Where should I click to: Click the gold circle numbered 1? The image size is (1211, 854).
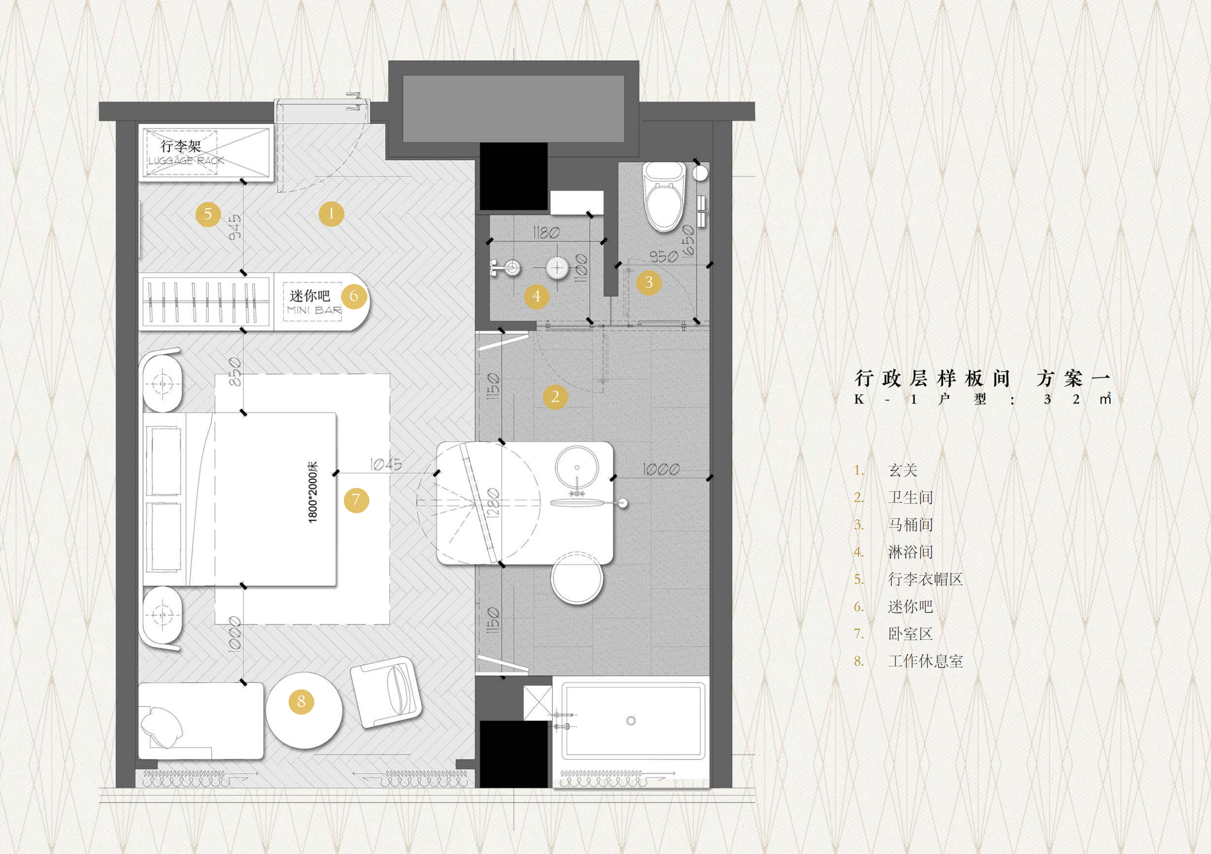tap(331, 214)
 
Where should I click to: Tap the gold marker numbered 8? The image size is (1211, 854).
tap(301, 701)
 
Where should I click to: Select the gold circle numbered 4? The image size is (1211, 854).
tap(537, 296)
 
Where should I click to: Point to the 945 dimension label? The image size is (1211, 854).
tap(235, 227)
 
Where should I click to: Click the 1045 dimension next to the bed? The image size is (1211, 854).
tap(386, 464)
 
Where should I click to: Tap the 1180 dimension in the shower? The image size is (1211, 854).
tap(546, 233)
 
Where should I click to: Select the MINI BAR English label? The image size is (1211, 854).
tap(314, 310)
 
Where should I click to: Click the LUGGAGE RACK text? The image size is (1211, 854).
tap(186, 160)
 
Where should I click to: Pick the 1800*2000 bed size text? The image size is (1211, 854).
tap(313, 492)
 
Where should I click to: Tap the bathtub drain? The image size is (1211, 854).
tap(631, 721)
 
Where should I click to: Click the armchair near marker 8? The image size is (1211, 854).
tap(386, 691)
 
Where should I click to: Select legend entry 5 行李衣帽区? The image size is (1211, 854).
tap(925, 579)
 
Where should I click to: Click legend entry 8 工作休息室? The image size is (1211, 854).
tap(925, 661)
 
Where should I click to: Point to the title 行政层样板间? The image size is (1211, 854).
tap(933, 378)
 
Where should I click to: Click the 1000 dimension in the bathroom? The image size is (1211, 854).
tap(661, 469)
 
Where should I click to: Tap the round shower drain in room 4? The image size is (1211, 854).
tap(556, 267)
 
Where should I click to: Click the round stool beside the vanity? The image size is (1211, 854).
tap(577, 577)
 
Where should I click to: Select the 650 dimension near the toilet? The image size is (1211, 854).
tap(688, 241)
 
